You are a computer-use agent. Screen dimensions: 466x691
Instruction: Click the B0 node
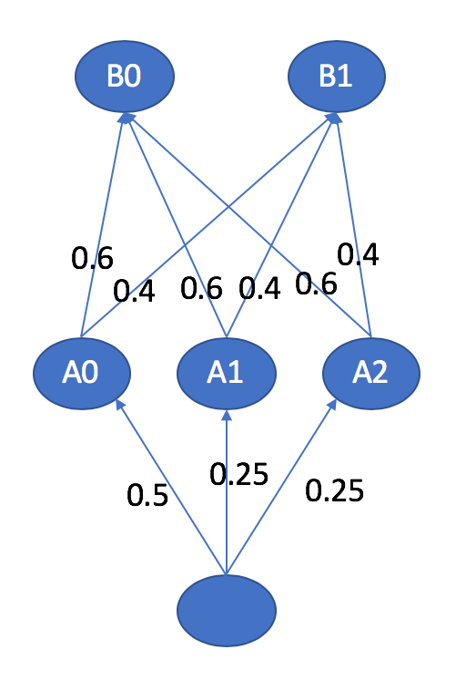(x=125, y=77)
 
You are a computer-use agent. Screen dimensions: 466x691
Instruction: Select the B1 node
(x=337, y=77)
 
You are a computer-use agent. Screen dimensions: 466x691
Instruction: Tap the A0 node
(x=82, y=373)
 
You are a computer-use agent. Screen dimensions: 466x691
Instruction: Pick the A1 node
(x=227, y=373)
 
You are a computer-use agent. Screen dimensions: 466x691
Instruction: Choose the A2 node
(x=371, y=373)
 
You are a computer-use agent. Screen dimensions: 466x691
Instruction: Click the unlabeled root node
(x=227, y=611)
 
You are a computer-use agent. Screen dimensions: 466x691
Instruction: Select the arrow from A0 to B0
(x=103, y=225)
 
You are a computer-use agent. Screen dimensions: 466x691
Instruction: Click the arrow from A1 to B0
(x=176, y=225)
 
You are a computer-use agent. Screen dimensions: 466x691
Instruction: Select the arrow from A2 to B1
(x=354, y=225)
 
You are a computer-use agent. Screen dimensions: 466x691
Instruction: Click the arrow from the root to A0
(x=171, y=488)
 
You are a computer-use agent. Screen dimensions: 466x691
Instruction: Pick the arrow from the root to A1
(x=227, y=492)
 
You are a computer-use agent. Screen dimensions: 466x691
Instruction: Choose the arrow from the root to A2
(x=281, y=488)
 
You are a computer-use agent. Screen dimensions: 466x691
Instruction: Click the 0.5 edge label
(x=147, y=495)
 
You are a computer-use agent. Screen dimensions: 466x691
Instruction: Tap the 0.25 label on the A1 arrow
(x=239, y=475)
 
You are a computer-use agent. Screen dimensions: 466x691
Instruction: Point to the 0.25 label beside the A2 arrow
(x=334, y=490)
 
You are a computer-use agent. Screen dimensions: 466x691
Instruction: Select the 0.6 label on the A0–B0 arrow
(x=93, y=258)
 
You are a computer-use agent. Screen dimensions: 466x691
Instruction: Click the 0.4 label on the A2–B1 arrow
(x=358, y=254)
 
